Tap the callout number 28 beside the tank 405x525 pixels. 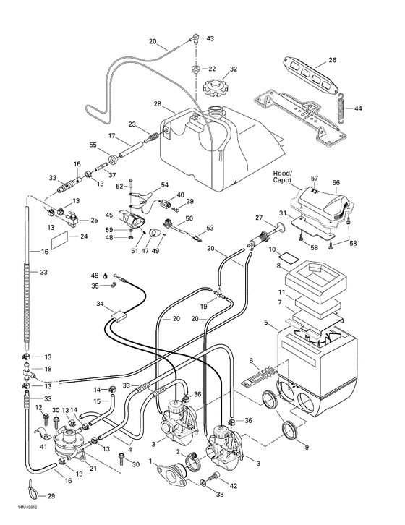pos(157,105)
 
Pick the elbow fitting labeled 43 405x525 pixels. pos(194,38)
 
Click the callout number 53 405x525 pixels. pos(210,228)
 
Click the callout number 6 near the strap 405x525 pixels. pos(251,361)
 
